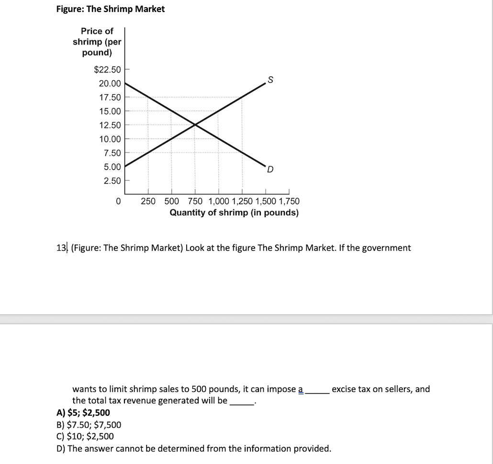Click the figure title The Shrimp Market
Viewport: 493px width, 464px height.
[110, 9]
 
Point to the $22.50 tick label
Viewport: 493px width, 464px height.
[108, 70]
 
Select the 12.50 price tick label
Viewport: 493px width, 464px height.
[110, 125]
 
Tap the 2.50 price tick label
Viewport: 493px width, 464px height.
[112, 181]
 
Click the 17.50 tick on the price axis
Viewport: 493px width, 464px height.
[110, 98]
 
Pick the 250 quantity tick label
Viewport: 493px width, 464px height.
[148, 201]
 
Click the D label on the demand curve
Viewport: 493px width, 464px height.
[270, 169]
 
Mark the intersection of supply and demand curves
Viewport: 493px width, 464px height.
[195, 125]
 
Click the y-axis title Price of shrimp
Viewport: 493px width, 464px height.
[97, 42]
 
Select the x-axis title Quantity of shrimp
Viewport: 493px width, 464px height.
[234, 213]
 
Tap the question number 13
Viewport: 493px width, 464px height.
[62, 248]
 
